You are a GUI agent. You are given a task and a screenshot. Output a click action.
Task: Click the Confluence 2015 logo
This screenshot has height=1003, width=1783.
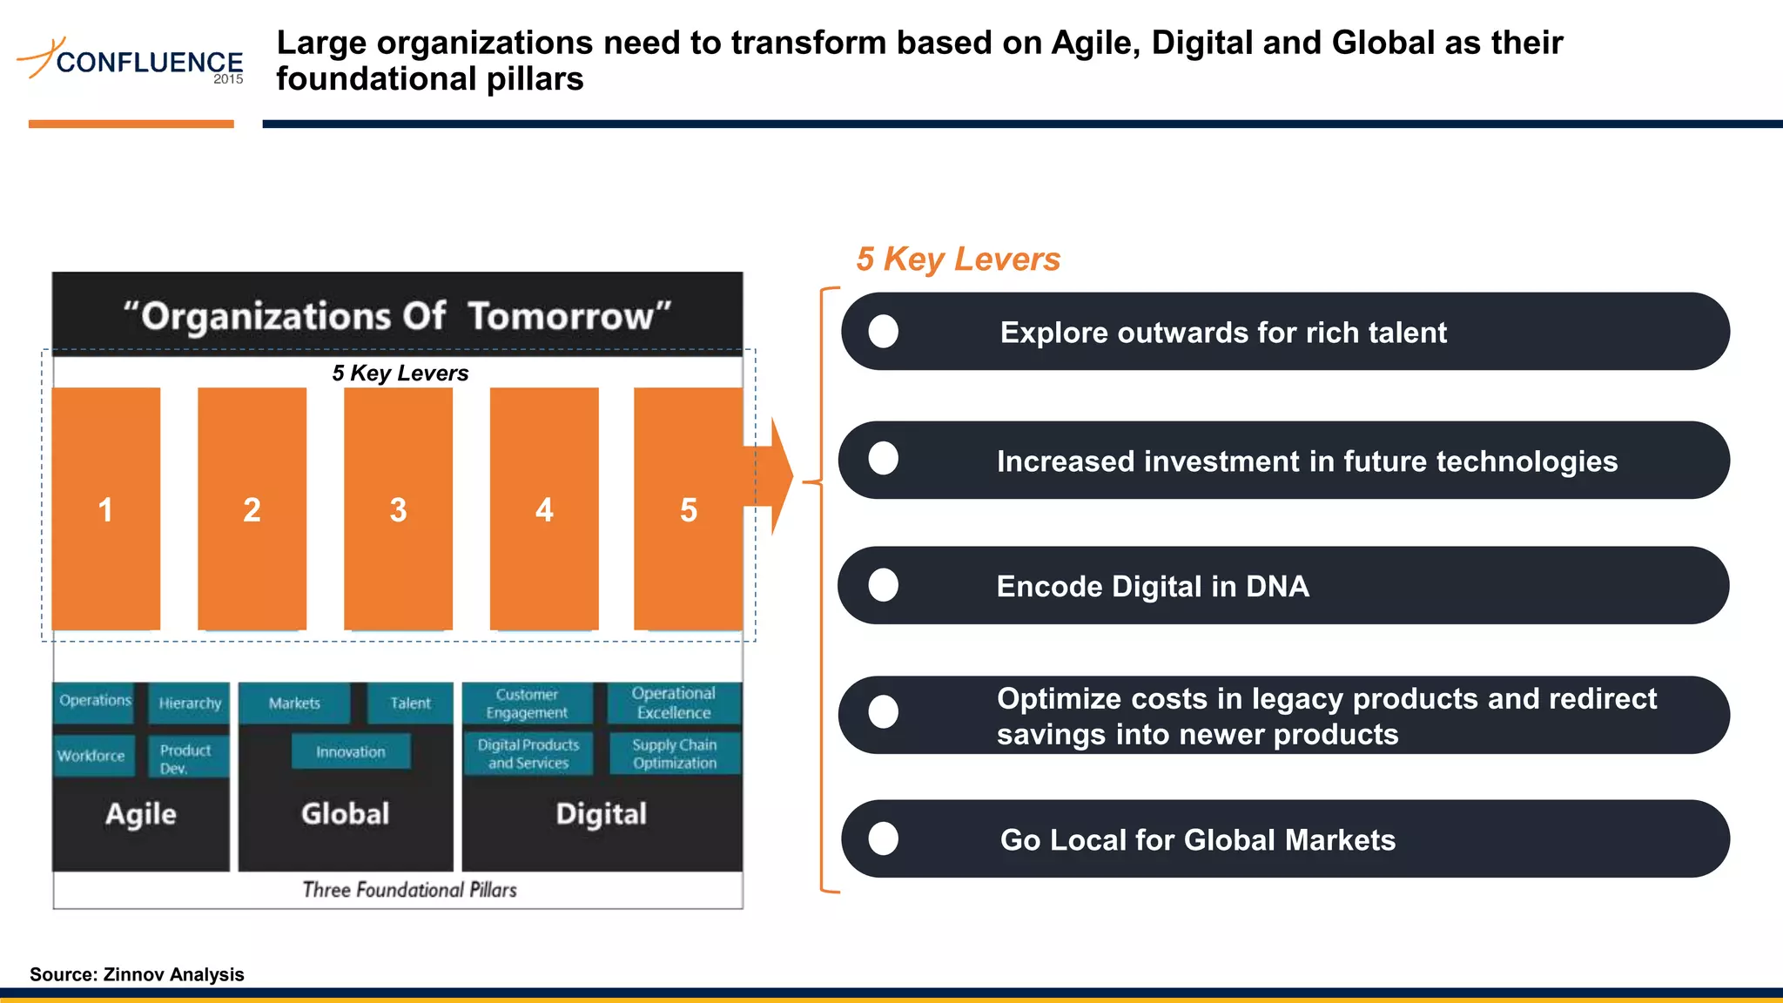131,61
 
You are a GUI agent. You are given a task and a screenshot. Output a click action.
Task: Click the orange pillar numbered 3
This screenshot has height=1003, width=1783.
398,508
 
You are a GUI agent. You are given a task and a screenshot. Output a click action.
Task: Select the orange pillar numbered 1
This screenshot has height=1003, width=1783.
105,508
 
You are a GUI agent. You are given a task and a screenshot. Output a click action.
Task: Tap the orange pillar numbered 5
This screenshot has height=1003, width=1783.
688,508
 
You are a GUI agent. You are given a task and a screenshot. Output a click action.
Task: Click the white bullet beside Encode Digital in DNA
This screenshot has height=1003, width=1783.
883,585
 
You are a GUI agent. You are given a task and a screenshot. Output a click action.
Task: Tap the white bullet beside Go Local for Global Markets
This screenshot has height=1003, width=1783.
883,838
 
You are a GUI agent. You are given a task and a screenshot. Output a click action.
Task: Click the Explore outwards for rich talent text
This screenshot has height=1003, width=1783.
1222,333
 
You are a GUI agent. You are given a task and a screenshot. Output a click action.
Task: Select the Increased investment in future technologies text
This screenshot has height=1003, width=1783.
1306,461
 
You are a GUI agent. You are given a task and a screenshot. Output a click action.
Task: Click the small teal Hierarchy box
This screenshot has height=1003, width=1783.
189,703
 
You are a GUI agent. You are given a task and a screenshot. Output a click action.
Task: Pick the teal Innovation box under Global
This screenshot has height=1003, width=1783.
350,751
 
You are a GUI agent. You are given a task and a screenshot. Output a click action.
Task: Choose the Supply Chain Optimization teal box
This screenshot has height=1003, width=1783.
674,754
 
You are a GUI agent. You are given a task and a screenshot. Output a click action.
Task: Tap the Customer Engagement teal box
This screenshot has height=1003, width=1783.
527,703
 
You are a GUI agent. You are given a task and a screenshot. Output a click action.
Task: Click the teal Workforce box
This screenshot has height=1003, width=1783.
92,755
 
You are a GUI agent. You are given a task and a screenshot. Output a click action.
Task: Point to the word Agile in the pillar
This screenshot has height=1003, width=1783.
140,814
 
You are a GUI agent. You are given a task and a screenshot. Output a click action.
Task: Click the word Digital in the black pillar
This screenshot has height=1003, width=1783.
601,814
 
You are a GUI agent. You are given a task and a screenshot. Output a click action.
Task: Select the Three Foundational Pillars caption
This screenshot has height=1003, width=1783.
409,890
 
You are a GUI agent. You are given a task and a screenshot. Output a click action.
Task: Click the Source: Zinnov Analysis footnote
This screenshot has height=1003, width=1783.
137,974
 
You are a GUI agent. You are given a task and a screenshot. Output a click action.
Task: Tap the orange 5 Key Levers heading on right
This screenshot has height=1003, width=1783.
958,259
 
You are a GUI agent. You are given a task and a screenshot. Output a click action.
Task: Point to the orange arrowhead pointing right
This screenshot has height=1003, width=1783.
780,476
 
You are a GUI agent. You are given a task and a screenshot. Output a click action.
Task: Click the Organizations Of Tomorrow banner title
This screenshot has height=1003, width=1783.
397,316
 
